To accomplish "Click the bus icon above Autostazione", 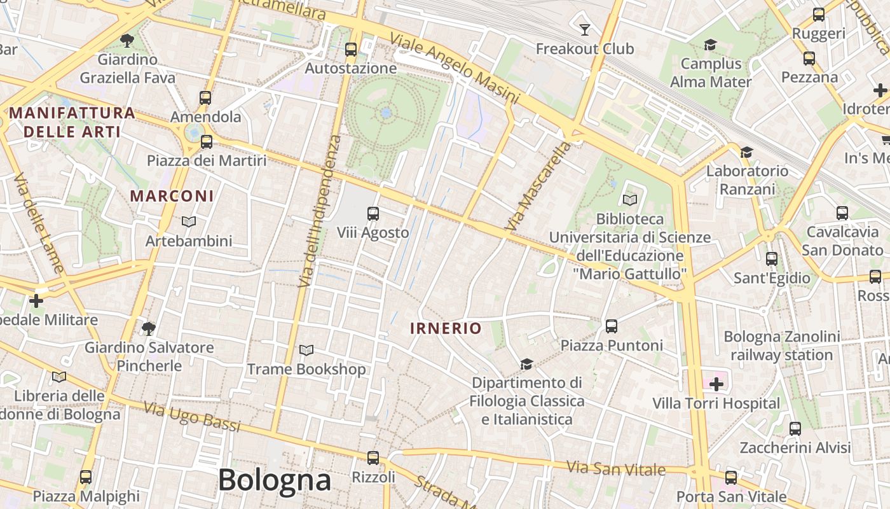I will tap(350, 49).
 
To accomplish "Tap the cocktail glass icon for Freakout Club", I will tap(585, 29).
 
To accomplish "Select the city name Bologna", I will tap(275, 480).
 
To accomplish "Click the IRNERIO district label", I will tap(446, 328).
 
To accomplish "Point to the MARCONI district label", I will tap(172, 195).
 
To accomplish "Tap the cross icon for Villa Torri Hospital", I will tap(716, 384).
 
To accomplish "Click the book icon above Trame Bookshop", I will tap(306, 350).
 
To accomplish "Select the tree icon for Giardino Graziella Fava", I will tap(127, 41).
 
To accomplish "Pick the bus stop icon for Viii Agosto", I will tap(373, 214).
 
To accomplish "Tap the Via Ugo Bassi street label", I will tap(192, 416).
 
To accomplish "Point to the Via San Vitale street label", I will tap(616, 469).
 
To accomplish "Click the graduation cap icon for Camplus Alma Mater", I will tap(710, 45).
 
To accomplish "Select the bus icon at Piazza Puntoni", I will tap(612, 326).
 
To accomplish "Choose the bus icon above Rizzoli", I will tap(373, 457).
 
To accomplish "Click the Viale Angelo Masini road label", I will tap(454, 68).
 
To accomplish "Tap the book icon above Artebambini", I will tap(189, 221).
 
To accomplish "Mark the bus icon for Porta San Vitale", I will tap(731, 477).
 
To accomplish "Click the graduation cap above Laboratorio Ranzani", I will tap(747, 152).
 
